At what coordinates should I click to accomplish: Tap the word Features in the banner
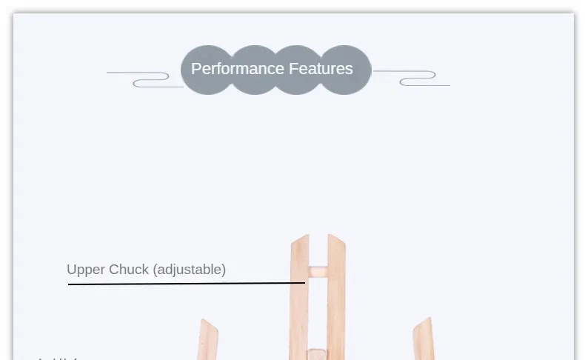click(321, 69)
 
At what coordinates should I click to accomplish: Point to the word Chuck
click(129, 270)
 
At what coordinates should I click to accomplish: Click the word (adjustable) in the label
click(189, 270)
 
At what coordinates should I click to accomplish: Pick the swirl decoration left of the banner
click(144, 78)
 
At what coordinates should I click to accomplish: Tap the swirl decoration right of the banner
click(412, 78)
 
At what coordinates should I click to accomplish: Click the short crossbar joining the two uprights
click(317, 272)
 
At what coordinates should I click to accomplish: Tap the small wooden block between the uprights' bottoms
click(317, 353)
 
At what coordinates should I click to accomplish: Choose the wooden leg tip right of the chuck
click(423, 338)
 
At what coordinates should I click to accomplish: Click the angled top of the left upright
click(300, 241)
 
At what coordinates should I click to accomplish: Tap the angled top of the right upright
click(335, 240)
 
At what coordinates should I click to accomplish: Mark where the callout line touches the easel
click(304, 282)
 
